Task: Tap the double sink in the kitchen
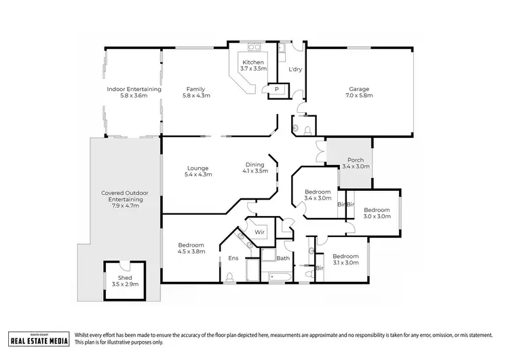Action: [x=255, y=48]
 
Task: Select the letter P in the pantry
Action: [x=277, y=90]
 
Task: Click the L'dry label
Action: [x=295, y=70]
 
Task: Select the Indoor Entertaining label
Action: [x=134, y=89]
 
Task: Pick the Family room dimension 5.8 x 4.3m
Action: [x=196, y=96]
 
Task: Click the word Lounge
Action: [x=198, y=168]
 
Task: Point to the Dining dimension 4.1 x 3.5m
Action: [x=256, y=171]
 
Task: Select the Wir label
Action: [x=259, y=232]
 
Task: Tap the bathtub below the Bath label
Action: [x=278, y=276]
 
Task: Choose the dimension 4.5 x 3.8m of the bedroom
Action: [x=191, y=251]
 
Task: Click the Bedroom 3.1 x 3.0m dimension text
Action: [x=345, y=263]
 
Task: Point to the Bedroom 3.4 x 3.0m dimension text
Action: [x=318, y=198]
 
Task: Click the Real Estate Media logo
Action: [x=38, y=338]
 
